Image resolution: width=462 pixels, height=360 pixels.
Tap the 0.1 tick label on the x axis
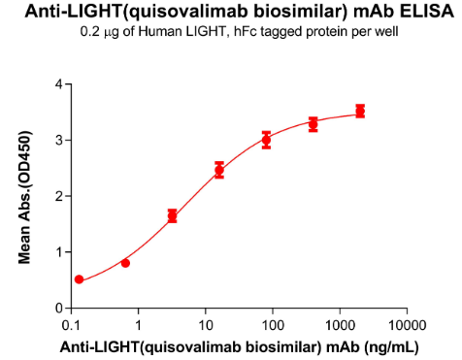pos(71,323)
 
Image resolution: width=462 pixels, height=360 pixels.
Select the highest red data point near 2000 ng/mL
pos(360,112)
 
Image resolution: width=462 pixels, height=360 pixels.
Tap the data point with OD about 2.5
pos(219,170)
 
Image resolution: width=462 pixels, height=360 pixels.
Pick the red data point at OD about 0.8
pos(125,263)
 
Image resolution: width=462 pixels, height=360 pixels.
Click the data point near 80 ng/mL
pos(266,140)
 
